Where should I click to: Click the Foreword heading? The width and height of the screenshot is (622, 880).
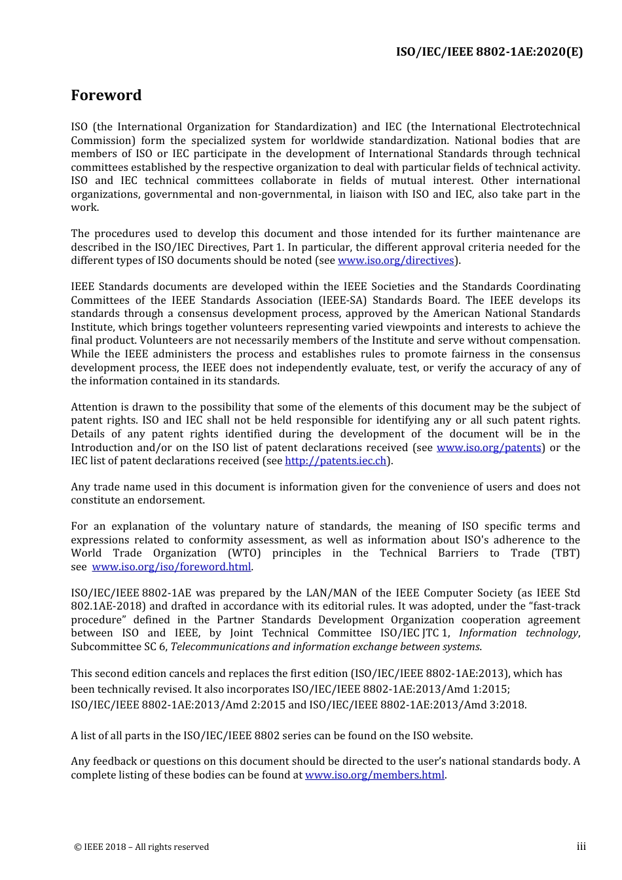[106, 96]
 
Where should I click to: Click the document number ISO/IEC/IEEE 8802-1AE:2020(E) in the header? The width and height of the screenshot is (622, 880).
[489, 52]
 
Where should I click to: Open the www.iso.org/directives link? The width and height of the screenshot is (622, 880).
[395, 261]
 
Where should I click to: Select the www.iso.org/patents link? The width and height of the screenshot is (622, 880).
[488, 448]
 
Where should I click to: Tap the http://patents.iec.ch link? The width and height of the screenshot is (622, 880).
[336, 461]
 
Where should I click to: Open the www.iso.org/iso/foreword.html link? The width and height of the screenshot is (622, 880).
[172, 567]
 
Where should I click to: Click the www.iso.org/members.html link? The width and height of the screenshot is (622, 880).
[375, 775]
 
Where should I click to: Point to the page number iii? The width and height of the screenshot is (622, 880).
[581, 847]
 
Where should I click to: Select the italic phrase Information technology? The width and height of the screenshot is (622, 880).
[518, 633]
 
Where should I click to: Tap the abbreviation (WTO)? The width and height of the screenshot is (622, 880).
[244, 553]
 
